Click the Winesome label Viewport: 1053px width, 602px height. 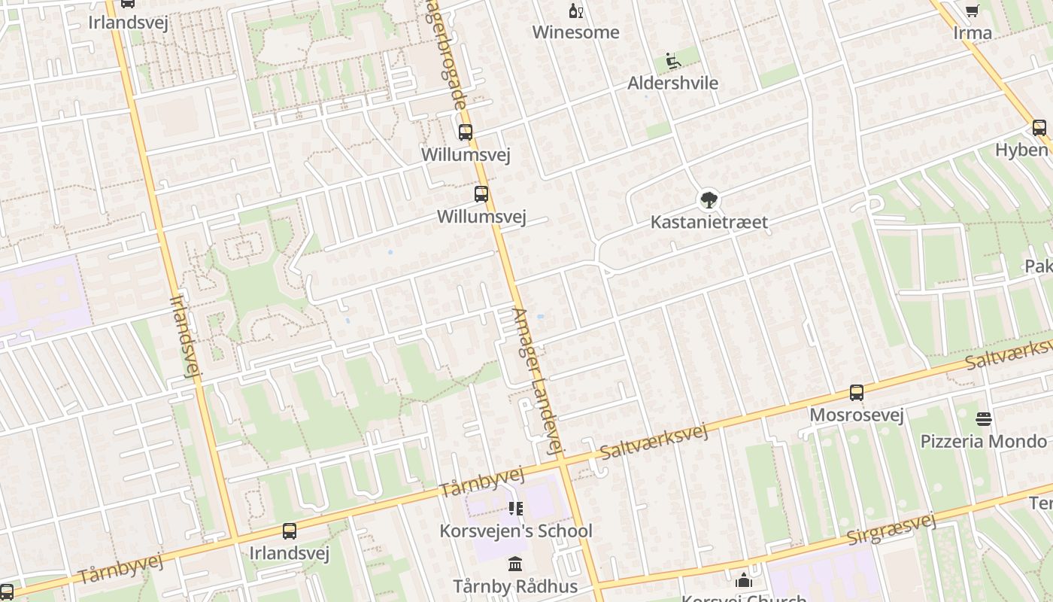(x=575, y=32)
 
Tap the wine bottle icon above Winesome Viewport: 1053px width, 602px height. (x=575, y=11)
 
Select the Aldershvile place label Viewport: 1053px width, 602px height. (x=672, y=83)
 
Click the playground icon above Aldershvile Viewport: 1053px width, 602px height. (x=673, y=60)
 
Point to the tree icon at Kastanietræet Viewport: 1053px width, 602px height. (x=708, y=200)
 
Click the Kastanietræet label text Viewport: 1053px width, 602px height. (x=709, y=222)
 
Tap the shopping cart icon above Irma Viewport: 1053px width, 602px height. (x=972, y=11)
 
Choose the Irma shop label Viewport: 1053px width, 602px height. (x=972, y=33)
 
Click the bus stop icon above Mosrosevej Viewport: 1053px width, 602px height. (x=856, y=392)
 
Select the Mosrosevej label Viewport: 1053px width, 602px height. (x=856, y=415)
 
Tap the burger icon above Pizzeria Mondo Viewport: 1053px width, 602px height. (x=984, y=418)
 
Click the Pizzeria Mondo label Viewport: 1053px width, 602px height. (x=984, y=441)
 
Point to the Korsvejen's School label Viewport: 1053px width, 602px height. (x=516, y=531)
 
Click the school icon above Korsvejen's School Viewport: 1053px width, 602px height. (x=515, y=509)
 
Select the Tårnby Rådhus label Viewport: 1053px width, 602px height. (x=515, y=586)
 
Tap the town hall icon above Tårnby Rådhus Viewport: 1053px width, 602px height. (x=515, y=564)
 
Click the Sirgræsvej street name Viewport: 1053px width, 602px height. (x=891, y=529)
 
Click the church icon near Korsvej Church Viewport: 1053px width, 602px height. (x=744, y=580)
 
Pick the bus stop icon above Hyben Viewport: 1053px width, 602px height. (x=1039, y=128)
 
